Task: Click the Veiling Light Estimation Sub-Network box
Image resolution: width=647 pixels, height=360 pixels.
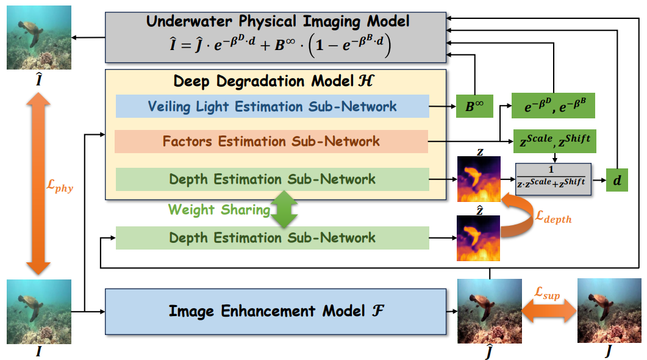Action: (x=272, y=107)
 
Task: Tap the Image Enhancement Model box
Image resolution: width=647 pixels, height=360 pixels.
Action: (x=276, y=311)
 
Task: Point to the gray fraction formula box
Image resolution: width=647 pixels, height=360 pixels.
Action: (x=554, y=178)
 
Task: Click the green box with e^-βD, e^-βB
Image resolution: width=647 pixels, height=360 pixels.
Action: (x=552, y=106)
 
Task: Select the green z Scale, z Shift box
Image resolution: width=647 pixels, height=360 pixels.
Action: (x=554, y=142)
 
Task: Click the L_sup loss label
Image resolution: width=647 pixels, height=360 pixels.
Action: (x=547, y=296)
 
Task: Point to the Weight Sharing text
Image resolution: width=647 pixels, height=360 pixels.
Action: (x=219, y=210)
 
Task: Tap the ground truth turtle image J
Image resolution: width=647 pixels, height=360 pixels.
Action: (x=609, y=310)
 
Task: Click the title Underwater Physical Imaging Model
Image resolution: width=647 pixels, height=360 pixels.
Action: (x=277, y=22)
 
